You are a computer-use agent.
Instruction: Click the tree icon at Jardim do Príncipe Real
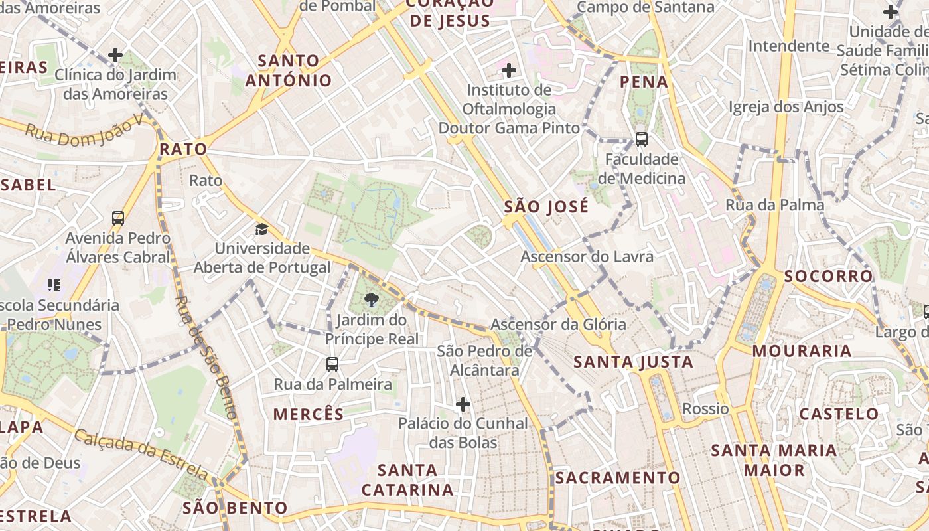tap(372, 300)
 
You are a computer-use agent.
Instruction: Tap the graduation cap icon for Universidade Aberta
tap(262, 230)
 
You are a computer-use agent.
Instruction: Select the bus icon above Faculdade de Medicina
tap(641, 139)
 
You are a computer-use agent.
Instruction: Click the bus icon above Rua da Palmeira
tap(332, 364)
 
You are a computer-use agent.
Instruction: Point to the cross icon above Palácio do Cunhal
tap(463, 404)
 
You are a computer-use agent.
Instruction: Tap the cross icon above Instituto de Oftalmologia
tap(509, 70)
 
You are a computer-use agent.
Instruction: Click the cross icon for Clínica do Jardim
tap(115, 54)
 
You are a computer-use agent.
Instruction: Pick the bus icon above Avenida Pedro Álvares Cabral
tap(118, 218)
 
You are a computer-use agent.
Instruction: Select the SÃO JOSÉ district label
tap(546, 207)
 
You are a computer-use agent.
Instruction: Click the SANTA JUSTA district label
tap(633, 362)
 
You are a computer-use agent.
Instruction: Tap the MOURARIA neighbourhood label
tap(802, 351)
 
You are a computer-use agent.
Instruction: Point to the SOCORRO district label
tap(828, 276)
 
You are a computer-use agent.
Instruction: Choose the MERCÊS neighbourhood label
tap(309, 414)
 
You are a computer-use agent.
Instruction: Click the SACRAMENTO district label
tap(618, 477)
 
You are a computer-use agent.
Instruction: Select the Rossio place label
tap(705, 408)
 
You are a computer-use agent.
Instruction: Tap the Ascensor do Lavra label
tap(587, 256)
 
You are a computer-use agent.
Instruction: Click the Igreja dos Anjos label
tap(786, 107)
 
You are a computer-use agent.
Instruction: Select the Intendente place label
tap(789, 46)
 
